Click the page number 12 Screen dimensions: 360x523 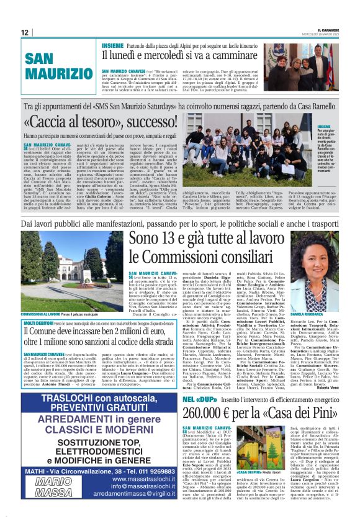tap(25, 32)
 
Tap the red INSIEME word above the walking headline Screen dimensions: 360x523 tap(112, 45)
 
